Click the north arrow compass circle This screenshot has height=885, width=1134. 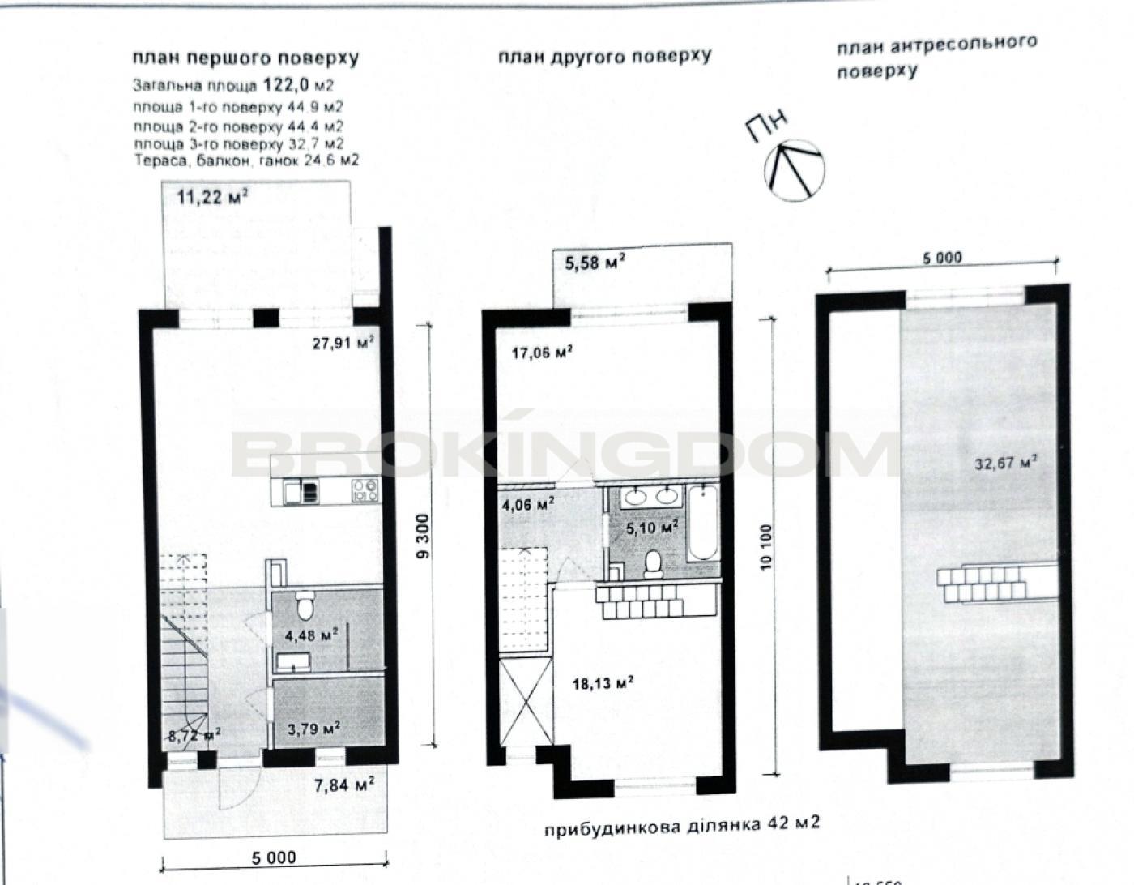pos(795,170)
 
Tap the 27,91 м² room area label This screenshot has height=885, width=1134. pos(343,344)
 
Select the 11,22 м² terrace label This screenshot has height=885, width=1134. pos(212,198)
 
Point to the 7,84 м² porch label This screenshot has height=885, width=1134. pos(343,784)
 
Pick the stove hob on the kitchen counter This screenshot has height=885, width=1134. pos(364,490)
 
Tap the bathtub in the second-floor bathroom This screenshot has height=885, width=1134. pos(703,524)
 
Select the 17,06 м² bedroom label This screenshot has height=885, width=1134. pos(542,353)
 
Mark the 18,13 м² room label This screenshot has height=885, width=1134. pos(603,683)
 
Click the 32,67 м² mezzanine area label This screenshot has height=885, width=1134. pos(1005,463)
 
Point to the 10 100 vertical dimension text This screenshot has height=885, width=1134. pos(765,548)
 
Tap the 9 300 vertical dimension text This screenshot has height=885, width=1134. pos(424,537)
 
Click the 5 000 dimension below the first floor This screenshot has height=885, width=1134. pos(274,857)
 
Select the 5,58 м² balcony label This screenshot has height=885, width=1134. pos(595,263)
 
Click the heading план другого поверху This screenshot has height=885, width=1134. pos(605,56)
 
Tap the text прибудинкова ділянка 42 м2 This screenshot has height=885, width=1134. pos(682,825)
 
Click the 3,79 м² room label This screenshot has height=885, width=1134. pos(314,728)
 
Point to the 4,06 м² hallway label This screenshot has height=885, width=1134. pos(528,504)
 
